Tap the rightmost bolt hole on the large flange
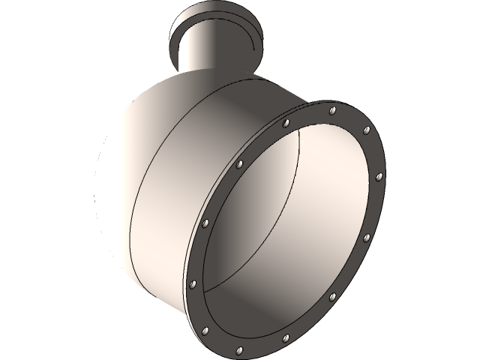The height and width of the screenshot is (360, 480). [x=379, y=177]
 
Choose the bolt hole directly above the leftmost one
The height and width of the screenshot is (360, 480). [x=205, y=223]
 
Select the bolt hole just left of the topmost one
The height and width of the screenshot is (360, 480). [x=285, y=121]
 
